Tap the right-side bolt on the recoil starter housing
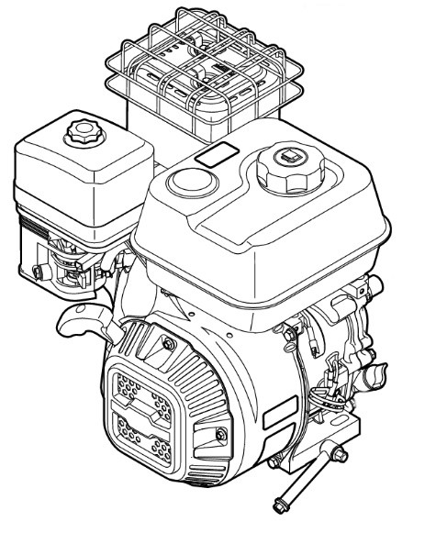point(220,431)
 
